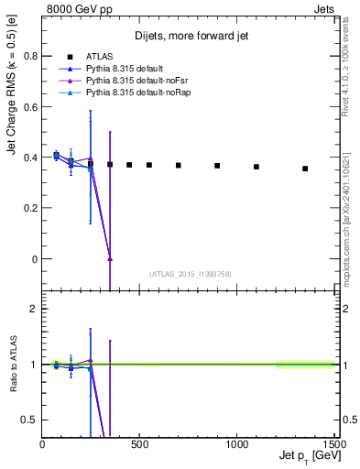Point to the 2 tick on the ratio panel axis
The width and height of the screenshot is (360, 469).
click(x=33, y=309)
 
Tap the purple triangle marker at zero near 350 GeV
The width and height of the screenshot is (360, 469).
click(x=110, y=258)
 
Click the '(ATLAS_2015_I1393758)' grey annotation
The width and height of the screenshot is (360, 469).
click(x=190, y=273)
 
